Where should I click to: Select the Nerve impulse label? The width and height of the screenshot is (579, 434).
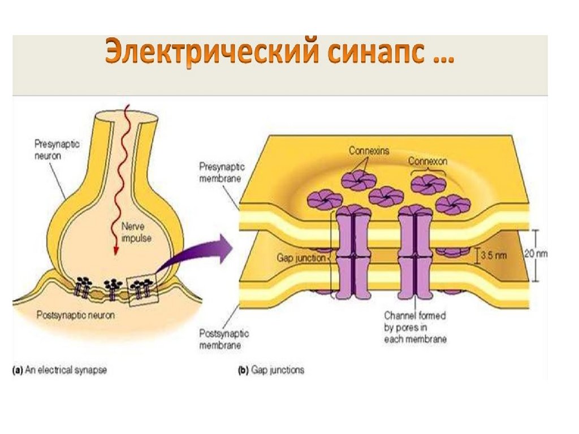[136, 232]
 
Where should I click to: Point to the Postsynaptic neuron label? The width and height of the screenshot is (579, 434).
[75, 315]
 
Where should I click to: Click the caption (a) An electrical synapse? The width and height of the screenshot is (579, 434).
[60, 370]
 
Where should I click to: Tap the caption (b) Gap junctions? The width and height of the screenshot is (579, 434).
[270, 370]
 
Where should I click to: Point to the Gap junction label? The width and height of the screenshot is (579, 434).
[301, 257]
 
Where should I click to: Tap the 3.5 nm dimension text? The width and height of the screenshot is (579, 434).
[494, 255]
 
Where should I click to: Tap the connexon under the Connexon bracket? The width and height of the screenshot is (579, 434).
[426, 183]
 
